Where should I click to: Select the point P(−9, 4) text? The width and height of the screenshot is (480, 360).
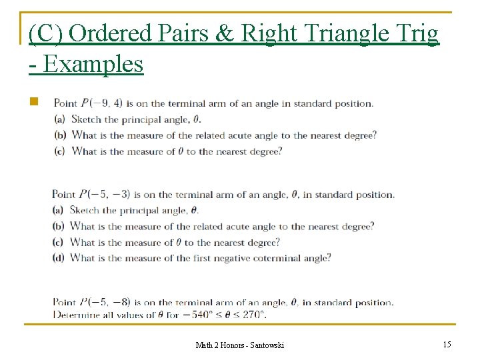(x=101, y=103)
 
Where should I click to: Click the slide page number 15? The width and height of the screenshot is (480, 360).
(x=447, y=344)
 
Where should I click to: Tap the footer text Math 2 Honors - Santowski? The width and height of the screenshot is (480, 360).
(x=239, y=345)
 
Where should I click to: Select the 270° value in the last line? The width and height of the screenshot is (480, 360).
(x=252, y=314)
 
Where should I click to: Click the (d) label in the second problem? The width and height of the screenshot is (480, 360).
(x=60, y=258)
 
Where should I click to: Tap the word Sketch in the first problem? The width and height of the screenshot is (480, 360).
(x=85, y=119)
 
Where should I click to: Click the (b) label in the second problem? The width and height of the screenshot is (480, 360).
(x=60, y=227)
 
